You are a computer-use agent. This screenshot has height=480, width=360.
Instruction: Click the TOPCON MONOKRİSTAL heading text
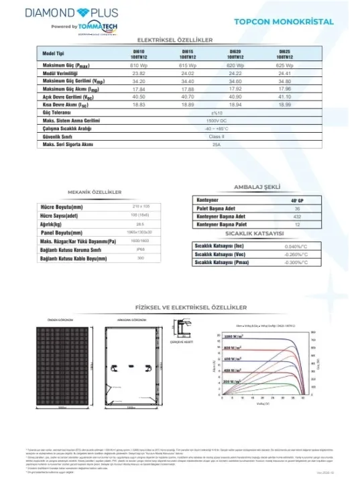point(284,21)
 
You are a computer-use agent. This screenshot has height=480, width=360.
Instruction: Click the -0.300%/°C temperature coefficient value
point(295,263)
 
